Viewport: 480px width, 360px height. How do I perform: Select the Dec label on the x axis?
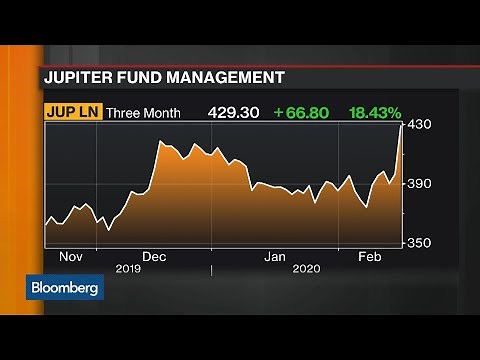153,256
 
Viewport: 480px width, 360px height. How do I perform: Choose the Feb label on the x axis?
370,256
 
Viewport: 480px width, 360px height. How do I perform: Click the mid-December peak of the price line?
159,143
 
